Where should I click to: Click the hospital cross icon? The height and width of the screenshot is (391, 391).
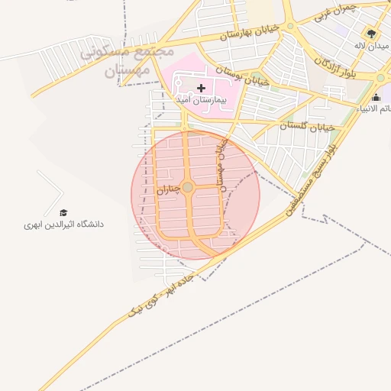coord(201,88)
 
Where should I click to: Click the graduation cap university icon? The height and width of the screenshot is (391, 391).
coord(63,212)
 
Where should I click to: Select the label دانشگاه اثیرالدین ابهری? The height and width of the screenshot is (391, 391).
coord(63,225)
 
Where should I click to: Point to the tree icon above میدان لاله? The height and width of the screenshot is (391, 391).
coord(371,34)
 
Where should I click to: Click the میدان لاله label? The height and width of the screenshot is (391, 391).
coord(372,46)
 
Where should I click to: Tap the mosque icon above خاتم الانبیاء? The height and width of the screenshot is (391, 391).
coord(375,97)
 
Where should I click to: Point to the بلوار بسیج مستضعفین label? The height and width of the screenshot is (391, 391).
coord(311,176)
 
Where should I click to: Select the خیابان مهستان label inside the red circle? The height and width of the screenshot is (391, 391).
coord(224,160)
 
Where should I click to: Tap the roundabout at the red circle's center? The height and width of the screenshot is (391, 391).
coord(188,187)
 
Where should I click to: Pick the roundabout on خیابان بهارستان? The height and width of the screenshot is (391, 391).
coord(290,27)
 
